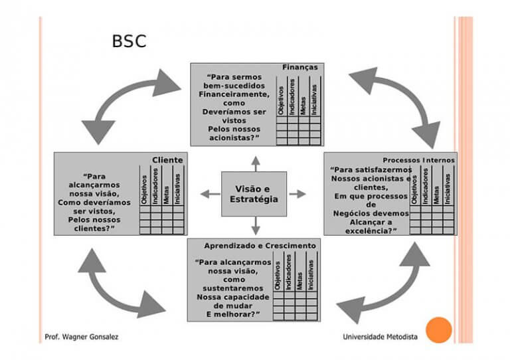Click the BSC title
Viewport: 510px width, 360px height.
pos(129,42)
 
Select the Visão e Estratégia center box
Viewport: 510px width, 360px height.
pos(254,193)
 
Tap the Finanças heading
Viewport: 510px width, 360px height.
pos(299,67)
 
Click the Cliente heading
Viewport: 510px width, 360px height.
pos(167,160)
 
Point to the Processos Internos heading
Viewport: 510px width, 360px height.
pos(418,160)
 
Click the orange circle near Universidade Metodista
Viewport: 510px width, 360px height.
pos(438,330)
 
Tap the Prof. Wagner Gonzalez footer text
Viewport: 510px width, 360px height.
pos(82,337)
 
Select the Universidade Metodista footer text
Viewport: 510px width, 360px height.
pos(380,337)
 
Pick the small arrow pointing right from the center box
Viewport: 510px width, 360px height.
pos(298,194)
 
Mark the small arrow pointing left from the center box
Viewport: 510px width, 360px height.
pos(210,194)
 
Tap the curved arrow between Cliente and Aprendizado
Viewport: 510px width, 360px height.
pos(120,283)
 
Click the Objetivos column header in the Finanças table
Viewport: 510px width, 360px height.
pos(282,100)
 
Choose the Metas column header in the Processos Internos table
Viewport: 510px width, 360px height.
pos(436,190)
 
